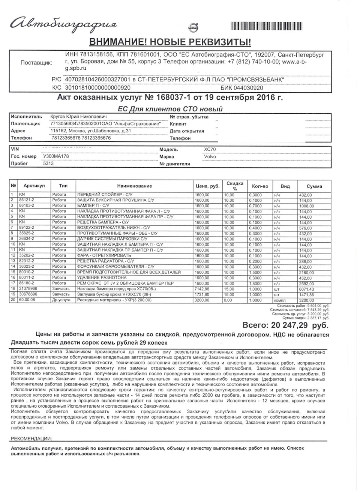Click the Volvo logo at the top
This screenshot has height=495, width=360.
coord(193,27)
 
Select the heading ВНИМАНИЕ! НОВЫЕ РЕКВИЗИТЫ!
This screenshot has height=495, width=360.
coord(170,42)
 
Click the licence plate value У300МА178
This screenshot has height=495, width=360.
coord(56,156)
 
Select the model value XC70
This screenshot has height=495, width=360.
coord(210,149)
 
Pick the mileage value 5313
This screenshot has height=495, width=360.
coord(48,163)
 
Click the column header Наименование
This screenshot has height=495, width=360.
coord(134,186)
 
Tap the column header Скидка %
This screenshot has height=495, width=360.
coord(235,186)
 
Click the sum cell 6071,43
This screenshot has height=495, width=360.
coord(306,289)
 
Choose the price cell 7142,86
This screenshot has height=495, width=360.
coord(202,289)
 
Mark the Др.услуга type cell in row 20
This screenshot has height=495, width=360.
coord(61,300)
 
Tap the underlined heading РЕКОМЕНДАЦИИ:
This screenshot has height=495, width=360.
coord(31,438)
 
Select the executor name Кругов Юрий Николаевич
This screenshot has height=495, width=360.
coord(78,117)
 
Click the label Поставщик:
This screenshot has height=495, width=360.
coord(36,63)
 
